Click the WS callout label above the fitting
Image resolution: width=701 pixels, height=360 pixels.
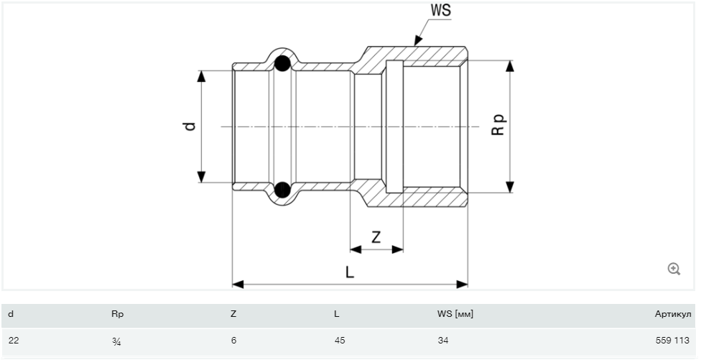440,10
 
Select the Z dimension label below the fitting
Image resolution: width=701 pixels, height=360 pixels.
376,236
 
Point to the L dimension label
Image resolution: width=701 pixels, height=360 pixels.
350,272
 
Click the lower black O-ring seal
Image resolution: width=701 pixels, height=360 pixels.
283,190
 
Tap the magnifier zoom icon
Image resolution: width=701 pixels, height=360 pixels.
674,269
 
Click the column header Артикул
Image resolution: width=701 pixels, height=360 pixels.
673,314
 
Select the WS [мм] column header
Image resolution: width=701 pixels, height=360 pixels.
455,314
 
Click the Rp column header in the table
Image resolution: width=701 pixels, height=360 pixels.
118,314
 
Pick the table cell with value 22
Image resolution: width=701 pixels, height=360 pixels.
13,340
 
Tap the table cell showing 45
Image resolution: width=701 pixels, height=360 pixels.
340,340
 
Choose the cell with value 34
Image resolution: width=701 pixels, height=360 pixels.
442,340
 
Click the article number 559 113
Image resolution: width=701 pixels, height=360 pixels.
676,340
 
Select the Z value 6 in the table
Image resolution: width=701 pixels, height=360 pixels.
233,340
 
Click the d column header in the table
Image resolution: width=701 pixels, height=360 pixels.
11,314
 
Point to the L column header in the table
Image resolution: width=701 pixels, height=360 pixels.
336,314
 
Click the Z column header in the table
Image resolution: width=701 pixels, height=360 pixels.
233,314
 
